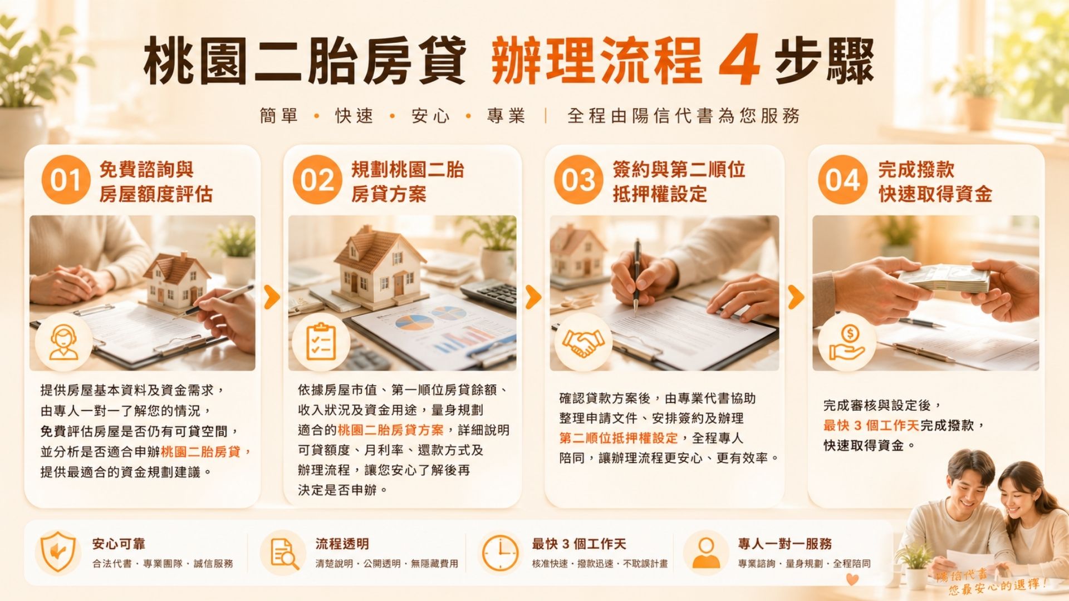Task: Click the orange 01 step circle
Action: tap(66, 180)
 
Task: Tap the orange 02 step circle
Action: tap(317, 180)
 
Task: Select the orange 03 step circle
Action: tap(578, 180)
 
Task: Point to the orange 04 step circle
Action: tap(842, 180)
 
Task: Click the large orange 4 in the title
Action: tap(739, 59)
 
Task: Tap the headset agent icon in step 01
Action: tap(63, 342)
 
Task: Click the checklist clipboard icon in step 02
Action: tap(321, 342)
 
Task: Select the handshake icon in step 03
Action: tap(582, 342)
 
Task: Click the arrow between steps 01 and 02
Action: tap(272, 297)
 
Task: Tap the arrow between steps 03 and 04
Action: tap(797, 297)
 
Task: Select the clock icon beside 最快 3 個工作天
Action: tap(499, 553)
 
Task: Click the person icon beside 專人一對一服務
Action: tap(706, 553)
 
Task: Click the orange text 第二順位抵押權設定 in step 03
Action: tap(619, 438)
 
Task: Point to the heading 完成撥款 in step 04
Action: tap(916, 169)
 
